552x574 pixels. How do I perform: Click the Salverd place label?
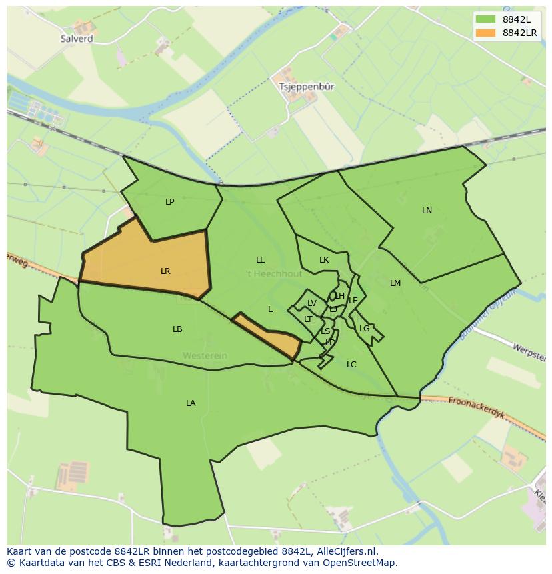[76, 39]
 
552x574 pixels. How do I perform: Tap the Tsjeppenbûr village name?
[307, 87]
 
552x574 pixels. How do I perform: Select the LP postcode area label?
[169, 201]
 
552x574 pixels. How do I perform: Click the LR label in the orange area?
[165, 271]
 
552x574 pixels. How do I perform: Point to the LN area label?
[427, 211]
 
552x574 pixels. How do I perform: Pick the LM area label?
[395, 283]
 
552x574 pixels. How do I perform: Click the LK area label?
[324, 260]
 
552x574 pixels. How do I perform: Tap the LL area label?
[260, 260]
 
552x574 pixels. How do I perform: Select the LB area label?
[177, 329]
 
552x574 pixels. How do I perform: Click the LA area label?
[191, 403]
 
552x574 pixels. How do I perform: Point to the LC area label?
[351, 365]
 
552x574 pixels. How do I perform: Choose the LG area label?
[364, 329]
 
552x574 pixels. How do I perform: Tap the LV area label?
[311, 303]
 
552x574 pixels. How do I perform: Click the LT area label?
[308, 319]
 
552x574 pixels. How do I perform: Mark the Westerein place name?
[205, 356]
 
